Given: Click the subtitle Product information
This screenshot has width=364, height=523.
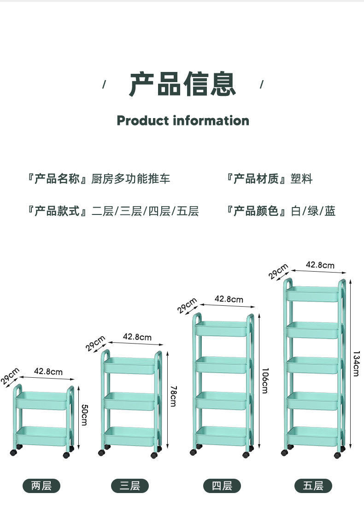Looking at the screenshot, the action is point(182,121).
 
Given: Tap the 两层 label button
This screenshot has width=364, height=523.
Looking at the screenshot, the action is point(41,486).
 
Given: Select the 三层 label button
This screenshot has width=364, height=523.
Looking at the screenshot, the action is point(129,486).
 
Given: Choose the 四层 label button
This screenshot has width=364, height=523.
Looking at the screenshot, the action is point(222,486).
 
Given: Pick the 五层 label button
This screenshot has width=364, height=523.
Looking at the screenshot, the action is point(313,486).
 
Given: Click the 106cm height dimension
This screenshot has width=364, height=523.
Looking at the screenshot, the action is point(264,380).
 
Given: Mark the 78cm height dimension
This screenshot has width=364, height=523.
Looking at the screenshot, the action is point(173,398).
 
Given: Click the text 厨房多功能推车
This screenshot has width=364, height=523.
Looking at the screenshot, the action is point(131,179).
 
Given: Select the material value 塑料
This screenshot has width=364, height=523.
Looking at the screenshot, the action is point(302,179).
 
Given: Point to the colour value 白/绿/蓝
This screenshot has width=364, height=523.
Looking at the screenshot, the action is point(313,211).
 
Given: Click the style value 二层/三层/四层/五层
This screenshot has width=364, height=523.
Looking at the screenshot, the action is point(145,211).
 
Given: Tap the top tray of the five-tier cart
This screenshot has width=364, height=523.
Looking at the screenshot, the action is point(313,294).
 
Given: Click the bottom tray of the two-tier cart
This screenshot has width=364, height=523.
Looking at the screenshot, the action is point(42,436).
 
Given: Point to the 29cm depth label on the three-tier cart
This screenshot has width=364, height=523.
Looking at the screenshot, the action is point(95,344).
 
